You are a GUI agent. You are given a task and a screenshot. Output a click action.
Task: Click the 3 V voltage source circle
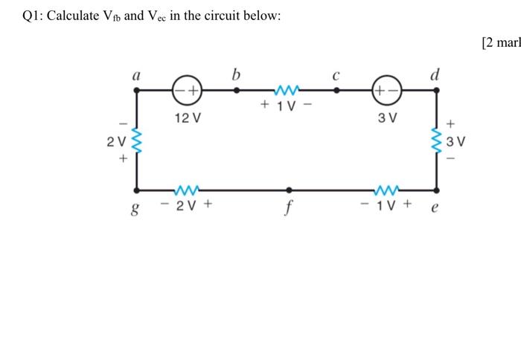pyautogui.click(x=387, y=90)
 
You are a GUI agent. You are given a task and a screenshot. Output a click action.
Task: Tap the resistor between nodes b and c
pyautogui.click(x=287, y=90)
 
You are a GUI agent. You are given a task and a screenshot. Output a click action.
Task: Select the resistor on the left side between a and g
pyautogui.click(x=136, y=140)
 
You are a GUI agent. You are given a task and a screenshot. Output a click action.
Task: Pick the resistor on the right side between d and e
pyautogui.click(x=437, y=140)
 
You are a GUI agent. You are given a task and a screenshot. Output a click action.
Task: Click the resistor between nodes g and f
pyautogui.click(x=186, y=190)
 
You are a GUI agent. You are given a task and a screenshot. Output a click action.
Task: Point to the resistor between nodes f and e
pyautogui.click(x=387, y=190)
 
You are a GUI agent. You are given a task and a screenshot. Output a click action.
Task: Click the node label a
pyautogui.click(x=136, y=74)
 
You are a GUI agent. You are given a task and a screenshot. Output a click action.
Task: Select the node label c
pyautogui.click(x=336, y=75)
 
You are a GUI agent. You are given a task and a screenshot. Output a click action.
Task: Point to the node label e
pyautogui.click(x=435, y=208)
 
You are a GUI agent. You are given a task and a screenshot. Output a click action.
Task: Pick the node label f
pyautogui.click(x=287, y=209)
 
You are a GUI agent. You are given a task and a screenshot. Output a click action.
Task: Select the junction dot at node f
pyautogui.click(x=287, y=190)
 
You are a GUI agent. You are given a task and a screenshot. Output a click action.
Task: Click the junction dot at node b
pyautogui.click(x=237, y=90)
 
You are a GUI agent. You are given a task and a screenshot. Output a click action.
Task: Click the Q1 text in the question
pyautogui.click(x=34, y=16)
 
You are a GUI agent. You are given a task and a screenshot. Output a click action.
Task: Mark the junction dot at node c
pyautogui.click(x=336, y=90)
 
